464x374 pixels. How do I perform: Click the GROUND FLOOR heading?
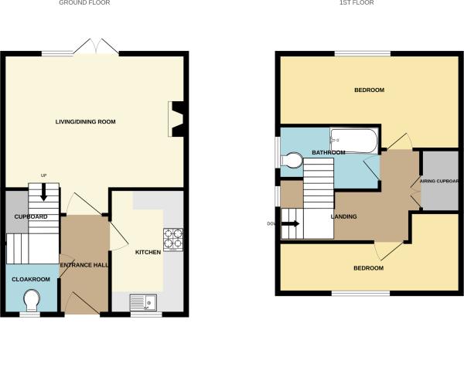coord(84,3)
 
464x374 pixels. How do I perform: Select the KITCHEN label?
coord(148,253)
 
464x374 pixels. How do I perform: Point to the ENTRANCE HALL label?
coord(85,265)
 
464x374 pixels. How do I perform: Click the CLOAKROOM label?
coord(31,279)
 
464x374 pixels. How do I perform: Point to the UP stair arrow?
coord(43,190)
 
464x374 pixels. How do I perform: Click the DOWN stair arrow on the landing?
coord(291,224)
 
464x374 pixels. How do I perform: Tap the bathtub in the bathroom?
coord(353,140)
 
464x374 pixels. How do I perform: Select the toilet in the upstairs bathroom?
coord(293,161)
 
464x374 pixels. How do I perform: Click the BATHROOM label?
coord(328,153)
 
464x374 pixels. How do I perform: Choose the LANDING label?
coord(343,216)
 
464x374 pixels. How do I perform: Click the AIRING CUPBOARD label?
coord(439,182)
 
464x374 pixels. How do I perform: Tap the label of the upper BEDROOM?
coord(369,90)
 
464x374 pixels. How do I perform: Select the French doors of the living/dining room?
coord(97,48)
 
